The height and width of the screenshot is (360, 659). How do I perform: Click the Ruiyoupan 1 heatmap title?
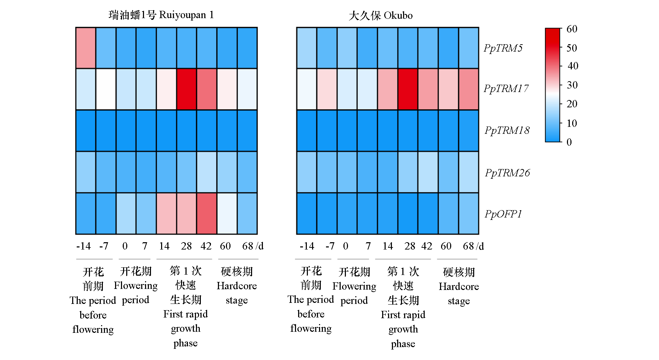click(x=161, y=15)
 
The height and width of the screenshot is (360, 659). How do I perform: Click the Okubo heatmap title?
click(x=380, y=16)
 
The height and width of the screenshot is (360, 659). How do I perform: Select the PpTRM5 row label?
click(x=503, y=48)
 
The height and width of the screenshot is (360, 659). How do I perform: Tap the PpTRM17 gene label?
click(x=506, y=89)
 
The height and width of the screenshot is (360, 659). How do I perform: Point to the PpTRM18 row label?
click(x=507, y=130)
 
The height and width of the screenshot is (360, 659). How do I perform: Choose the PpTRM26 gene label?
click(x=507, y=173)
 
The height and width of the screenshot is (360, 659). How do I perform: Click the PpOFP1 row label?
click(x=503, y=214)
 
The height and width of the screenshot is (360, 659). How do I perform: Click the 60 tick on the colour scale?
click(x=572, y=29)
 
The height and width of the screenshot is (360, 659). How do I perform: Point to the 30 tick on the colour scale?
click(x=572, y=85)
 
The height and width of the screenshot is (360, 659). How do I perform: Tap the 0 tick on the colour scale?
click(x=569, y=142)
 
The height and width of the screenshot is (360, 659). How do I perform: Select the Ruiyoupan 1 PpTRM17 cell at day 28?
click(x=187, y=89)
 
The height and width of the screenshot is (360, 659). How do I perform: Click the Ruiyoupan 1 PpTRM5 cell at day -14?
click(x=86, y=48)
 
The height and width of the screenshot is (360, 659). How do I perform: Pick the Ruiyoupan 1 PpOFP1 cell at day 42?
click(x=207, y=213)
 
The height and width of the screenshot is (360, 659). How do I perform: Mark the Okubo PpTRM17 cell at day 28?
click(x=408, y=89)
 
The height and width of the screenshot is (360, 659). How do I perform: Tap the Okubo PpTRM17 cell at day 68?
click(x=468, y=89)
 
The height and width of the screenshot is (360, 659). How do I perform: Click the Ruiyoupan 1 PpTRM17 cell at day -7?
click(x=106, y=89)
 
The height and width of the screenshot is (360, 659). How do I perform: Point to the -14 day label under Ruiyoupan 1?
click(x=83, y=246)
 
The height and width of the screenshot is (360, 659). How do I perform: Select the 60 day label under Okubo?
click(x=446, y=246)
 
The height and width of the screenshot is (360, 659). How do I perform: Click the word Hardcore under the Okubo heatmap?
click(x=459, y=286)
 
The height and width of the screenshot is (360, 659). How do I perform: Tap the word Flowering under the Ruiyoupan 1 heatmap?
click(x=136, y=286)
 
